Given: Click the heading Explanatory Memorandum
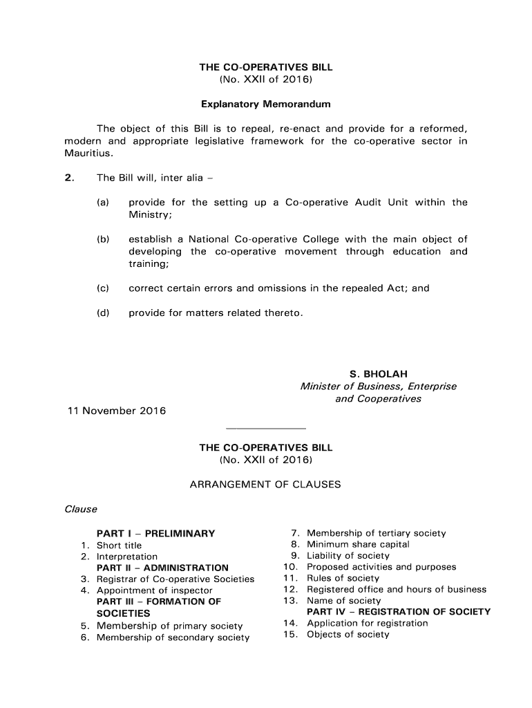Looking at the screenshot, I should pyautogui.click(x=266, y=104).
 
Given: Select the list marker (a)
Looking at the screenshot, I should pyautogui.click(x=103, y=203).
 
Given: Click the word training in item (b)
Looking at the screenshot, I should pyautogui.click(x=147, y=264).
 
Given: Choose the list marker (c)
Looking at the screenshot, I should pyautogui.click(x=103, y=288).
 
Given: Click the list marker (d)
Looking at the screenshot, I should pyautogui.click(x=103, y=313).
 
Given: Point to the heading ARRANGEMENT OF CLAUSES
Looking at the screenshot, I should pyautogui.click(x=265, y=485).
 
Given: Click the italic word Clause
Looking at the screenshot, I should pyautogui.click(x=81, y=510).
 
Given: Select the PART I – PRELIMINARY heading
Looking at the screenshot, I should pyautogui.click(x=155, y=534).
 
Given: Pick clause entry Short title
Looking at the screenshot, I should pyautogui.click(x=119, y=546).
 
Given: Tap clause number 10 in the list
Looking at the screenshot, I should pyautogui.click(x=290, y=567).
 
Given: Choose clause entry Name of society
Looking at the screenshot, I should pyautogui.click(x=343, y=601).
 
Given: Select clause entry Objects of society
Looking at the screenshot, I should pyautogui.click(x=348, y=634).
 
